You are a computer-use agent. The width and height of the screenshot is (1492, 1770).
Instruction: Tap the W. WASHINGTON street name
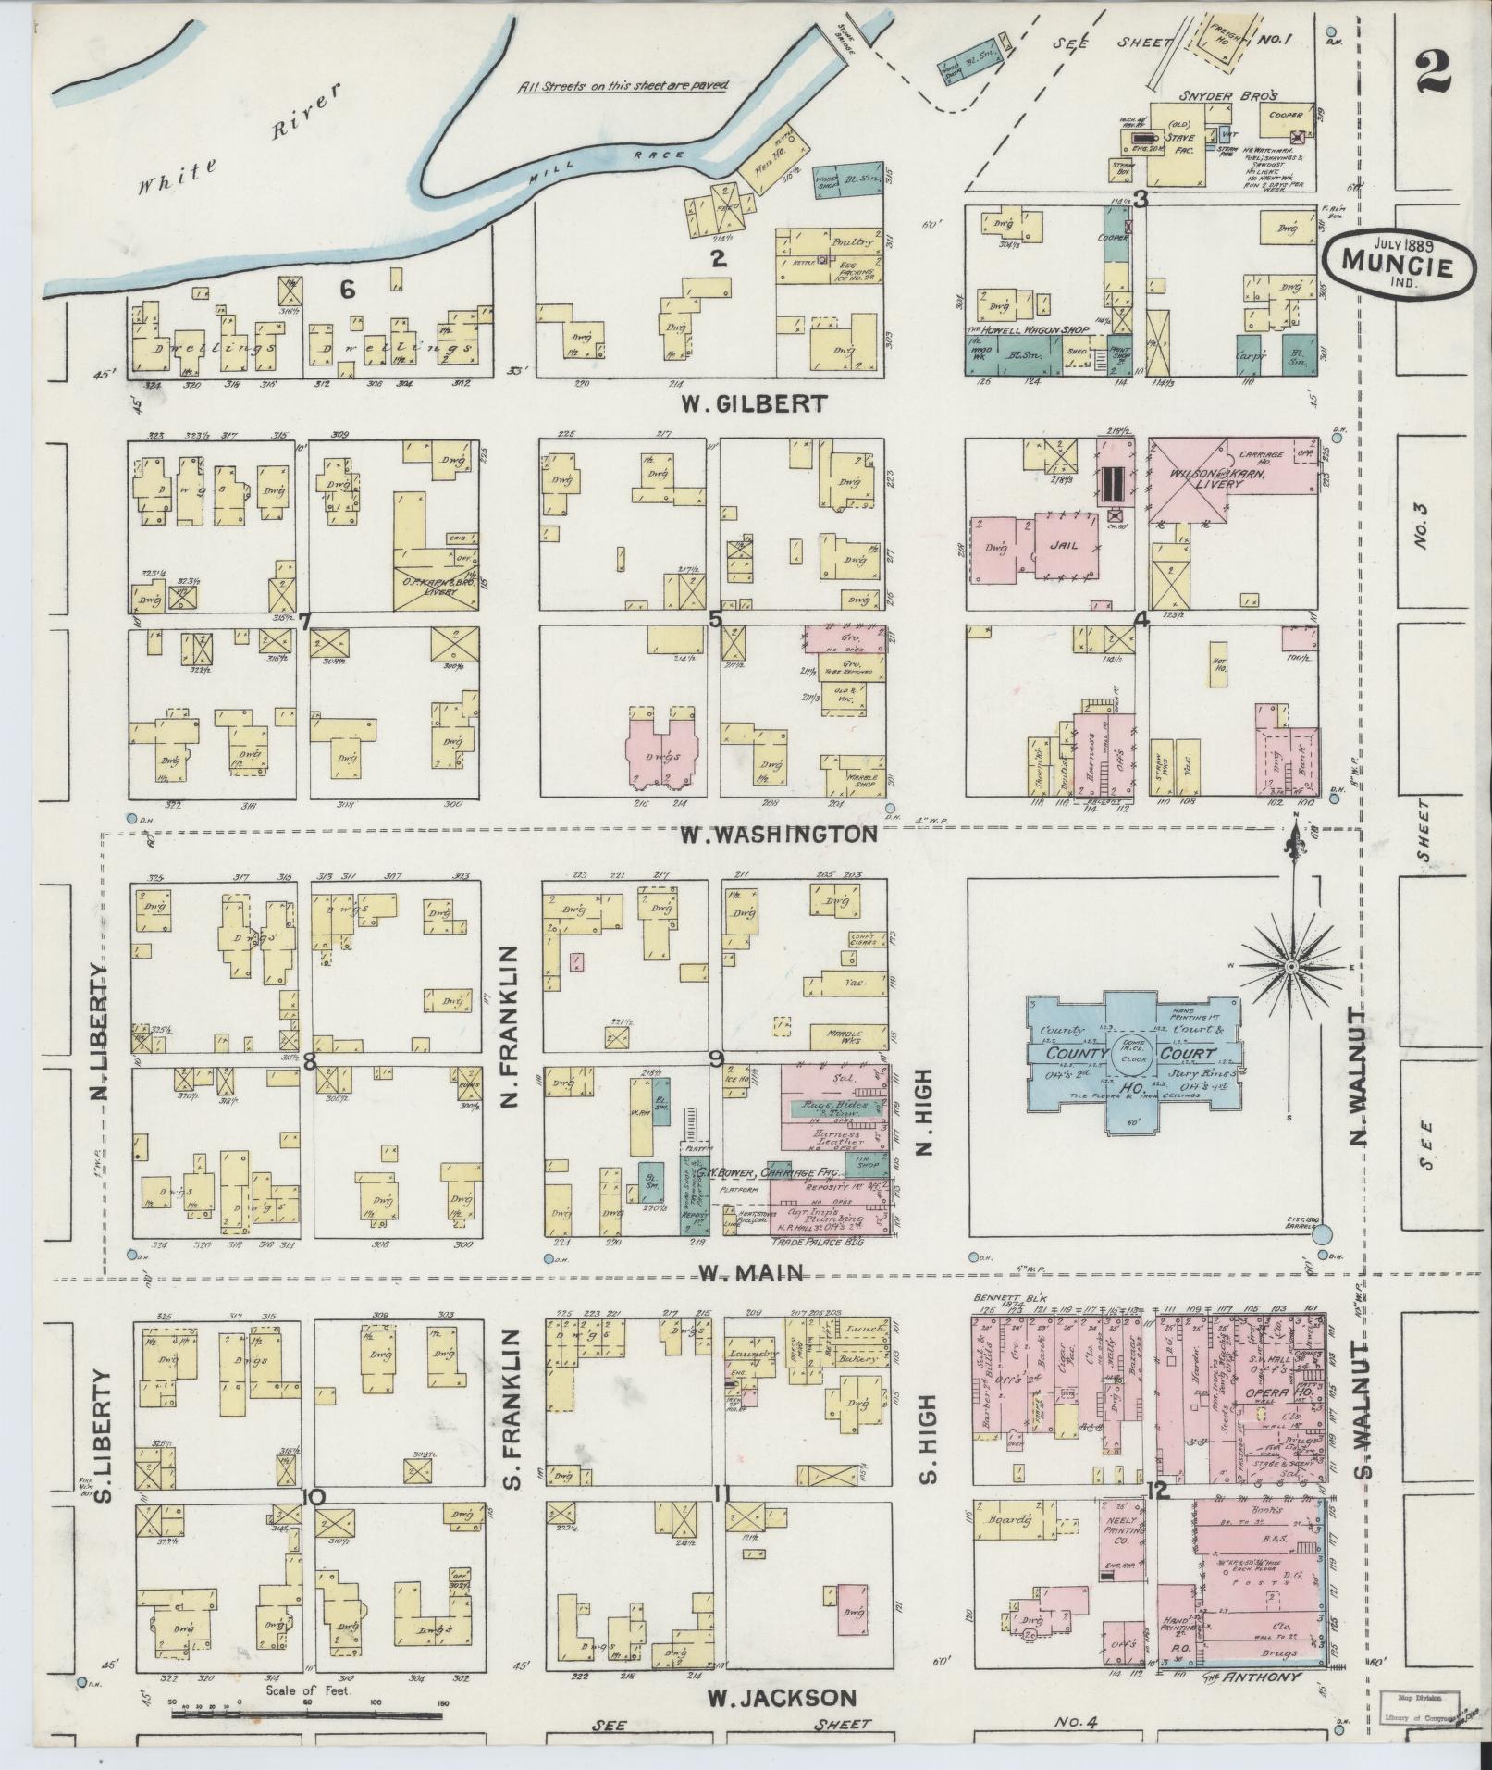coord(778,835)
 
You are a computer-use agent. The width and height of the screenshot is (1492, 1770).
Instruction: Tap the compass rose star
coord(1289,966)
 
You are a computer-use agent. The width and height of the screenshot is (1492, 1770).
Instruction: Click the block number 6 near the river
coord(347,291)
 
